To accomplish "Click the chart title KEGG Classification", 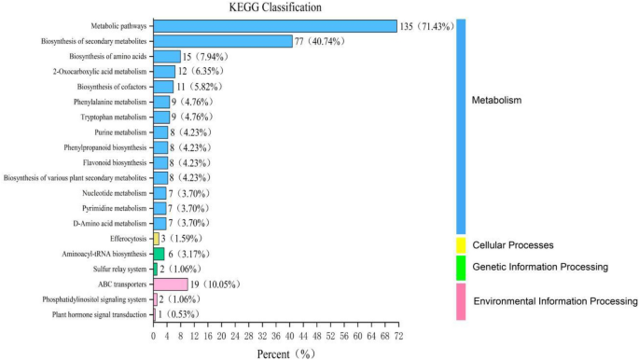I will pos(276,7).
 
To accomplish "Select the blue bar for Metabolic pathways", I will pos(274,26).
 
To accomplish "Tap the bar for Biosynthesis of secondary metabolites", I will pos(223,41).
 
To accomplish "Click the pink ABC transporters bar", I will pos(171,284).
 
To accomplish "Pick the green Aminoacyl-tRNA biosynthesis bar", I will pos(159,254).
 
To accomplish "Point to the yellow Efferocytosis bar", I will pos(156,239).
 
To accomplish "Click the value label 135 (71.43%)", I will pos(425,26).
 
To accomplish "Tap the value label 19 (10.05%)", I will pos(214,284).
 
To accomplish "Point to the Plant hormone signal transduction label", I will pos(89,315).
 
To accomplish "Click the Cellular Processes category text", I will pos(514,245).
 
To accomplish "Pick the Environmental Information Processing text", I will pos(555,301).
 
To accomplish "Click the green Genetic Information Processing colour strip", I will pos(460,268).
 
